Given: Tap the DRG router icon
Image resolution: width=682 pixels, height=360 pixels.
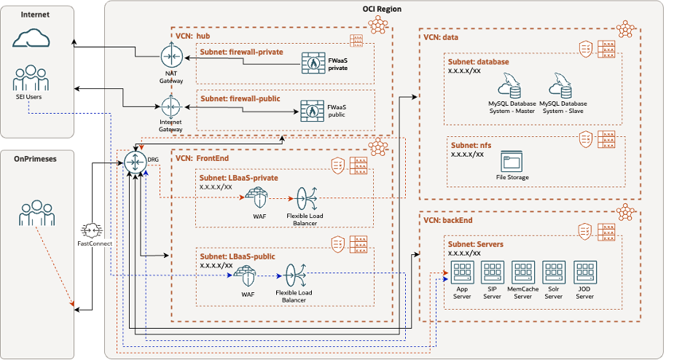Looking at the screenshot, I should (x=136, y=161).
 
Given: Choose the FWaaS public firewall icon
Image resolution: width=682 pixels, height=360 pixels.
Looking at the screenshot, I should (x=312, y=111).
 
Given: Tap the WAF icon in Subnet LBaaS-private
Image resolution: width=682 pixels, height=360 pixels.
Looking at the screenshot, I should (x=257, y=197).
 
